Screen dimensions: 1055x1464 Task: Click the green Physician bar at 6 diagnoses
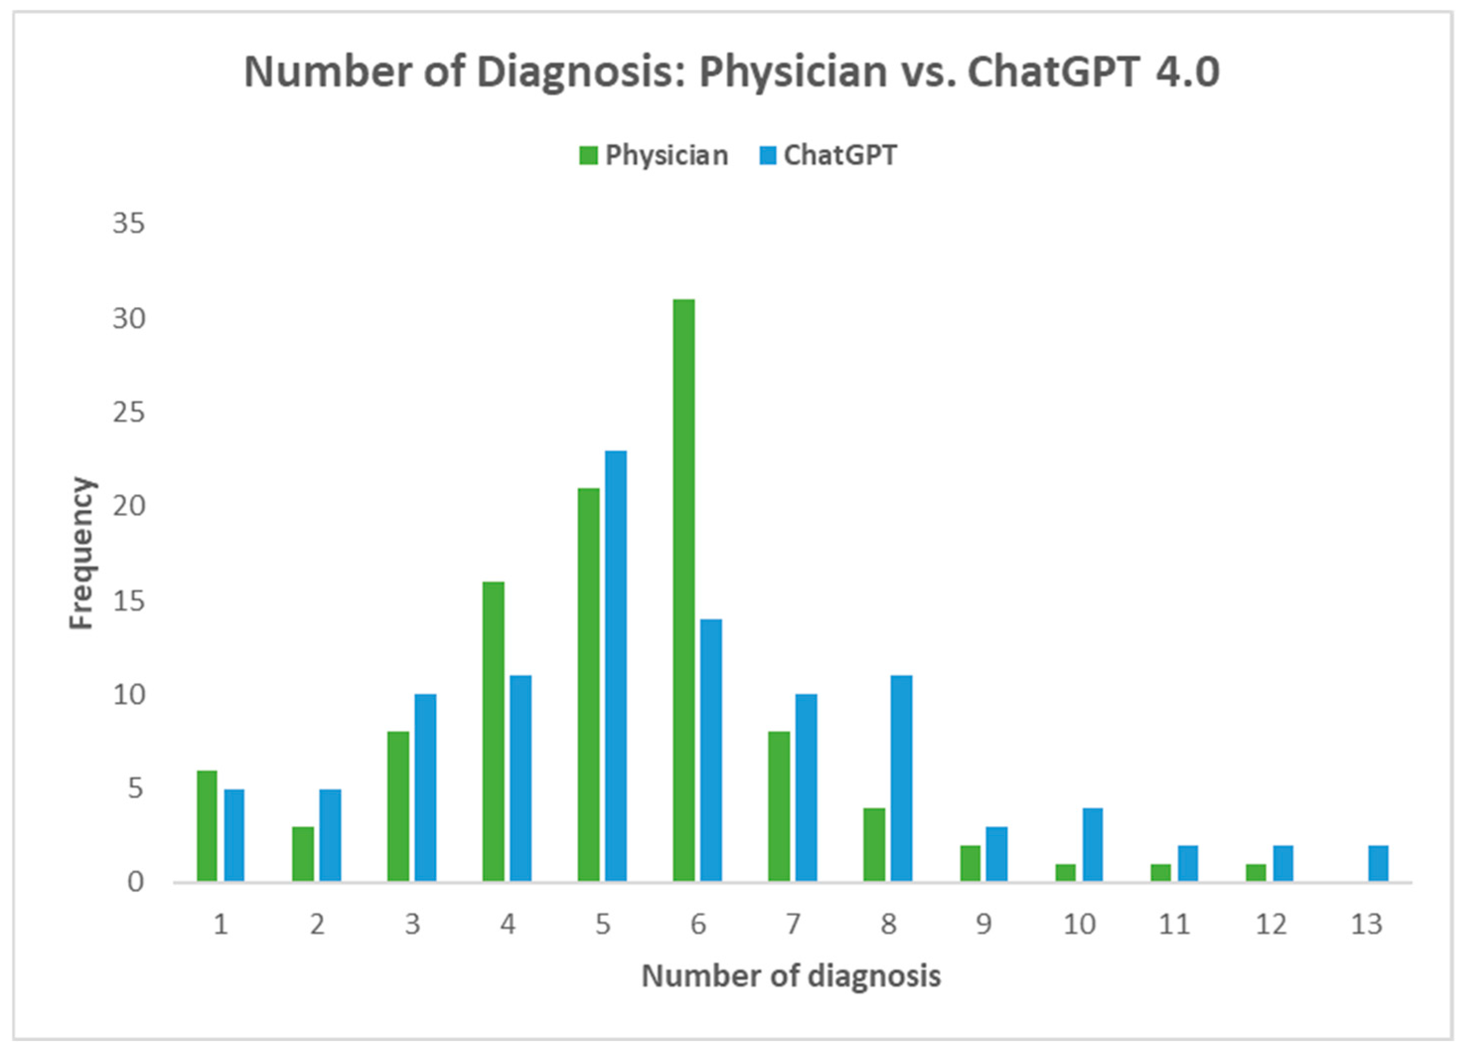point(684,590)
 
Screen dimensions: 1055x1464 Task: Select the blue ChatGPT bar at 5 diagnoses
point(615,665)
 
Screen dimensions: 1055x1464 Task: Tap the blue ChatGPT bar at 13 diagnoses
point(1378,863)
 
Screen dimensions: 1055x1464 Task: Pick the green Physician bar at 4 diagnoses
point(493,731)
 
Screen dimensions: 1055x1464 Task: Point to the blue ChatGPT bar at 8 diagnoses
point(901,778)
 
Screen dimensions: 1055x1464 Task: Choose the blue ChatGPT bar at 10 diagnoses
point(1092,844)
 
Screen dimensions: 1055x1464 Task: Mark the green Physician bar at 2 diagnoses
point(303,853)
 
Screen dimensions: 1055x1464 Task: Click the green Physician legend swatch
point(588,155)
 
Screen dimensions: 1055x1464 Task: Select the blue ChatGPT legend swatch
point(767,155)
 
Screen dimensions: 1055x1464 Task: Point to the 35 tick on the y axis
point(129,224)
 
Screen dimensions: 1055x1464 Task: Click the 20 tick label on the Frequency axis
point(129,506)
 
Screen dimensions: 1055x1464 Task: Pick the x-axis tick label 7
point(793,924)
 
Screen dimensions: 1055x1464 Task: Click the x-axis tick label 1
point(221,924)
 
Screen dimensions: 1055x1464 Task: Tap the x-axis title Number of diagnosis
point(791,976)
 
